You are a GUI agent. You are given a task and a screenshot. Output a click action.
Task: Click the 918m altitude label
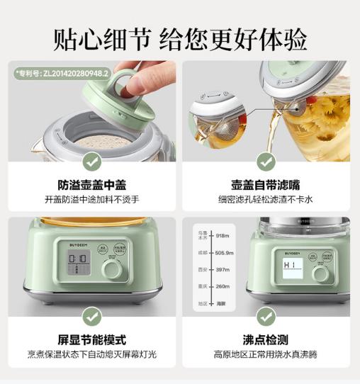click(223, 235)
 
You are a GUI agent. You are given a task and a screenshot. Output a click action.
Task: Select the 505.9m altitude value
click(225, 252)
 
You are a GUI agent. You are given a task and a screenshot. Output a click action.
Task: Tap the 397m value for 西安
click(223, 269)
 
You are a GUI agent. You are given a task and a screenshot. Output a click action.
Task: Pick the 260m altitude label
click(223, 287)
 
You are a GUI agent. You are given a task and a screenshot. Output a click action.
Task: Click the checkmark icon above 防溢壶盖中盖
click(91, 161)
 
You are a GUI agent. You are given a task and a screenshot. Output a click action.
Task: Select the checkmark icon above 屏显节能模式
click(91, 316)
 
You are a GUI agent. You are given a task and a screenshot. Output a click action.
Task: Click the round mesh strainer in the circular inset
click(211, 127)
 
